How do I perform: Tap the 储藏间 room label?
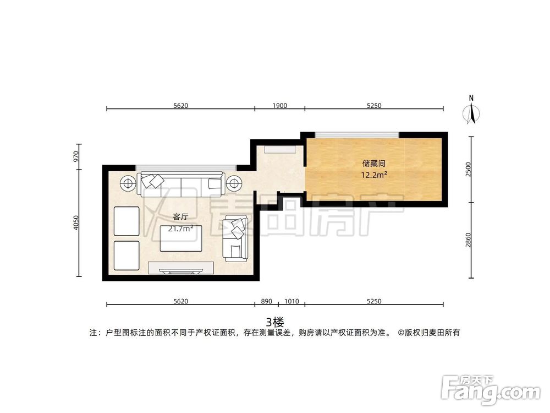(373, 164)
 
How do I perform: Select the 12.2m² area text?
(374, 176)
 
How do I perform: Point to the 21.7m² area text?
(180, 229)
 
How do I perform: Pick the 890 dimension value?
(266, 301)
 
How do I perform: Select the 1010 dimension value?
(291, 301)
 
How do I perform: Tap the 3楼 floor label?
(274, 321)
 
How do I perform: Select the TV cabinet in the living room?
(182, 268)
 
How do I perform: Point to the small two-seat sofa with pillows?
(237, 238)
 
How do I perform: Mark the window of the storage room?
(357, 135)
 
